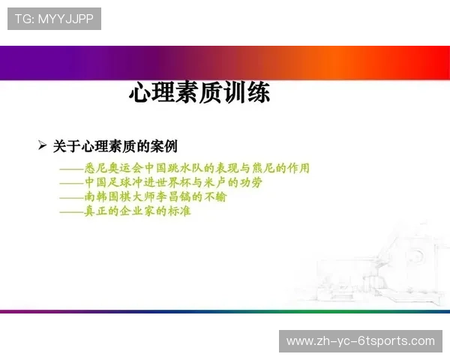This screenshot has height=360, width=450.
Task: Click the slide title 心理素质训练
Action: (x=199, y=94)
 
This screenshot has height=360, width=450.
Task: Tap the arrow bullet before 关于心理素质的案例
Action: (x=42, y=145)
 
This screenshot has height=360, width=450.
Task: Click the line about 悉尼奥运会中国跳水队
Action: (x=184, y=168)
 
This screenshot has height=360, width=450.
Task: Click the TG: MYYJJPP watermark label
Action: (x=54, y=19)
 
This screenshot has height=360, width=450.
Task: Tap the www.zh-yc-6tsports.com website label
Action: (x=360, y=341)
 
